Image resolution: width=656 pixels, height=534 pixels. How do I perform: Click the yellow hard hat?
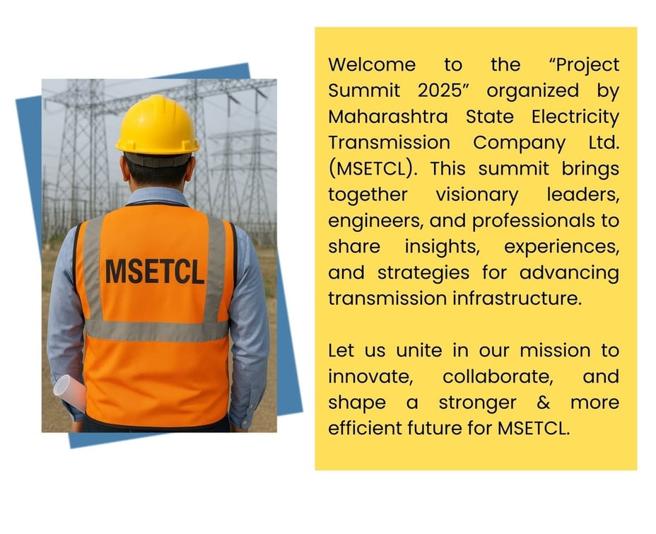(x=158, y=124)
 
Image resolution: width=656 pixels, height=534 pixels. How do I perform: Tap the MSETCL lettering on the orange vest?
(x=154, y=272)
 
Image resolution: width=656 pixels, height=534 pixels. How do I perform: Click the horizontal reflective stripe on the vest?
(x=157, y=330)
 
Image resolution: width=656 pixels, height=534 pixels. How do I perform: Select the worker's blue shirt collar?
(x=158, y=196)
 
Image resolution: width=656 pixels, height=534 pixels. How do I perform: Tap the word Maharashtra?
(x=388, y=116)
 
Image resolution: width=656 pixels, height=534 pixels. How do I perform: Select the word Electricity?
(x=575, y=117)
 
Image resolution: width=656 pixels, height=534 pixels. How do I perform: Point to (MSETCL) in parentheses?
(x=373, y=168)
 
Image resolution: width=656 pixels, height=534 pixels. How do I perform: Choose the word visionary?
(x=477, y=195)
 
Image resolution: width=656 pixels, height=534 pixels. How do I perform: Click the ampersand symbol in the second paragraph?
(x=543, y=402)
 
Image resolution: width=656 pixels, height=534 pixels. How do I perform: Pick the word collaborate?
(x=498, y=376)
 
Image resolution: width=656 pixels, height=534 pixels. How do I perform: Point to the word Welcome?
(x=372, y=64)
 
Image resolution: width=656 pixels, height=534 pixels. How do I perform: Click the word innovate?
(x=370, y=376)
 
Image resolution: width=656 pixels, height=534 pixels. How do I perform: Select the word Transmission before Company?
(x=389, y=142)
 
